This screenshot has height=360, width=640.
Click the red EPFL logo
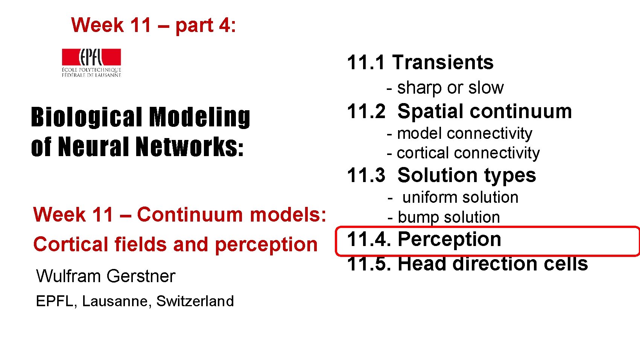point(91,58)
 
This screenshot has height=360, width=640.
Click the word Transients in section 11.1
point(443,62)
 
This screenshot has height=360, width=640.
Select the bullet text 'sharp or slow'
point(450,88)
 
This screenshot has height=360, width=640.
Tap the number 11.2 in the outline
point(366,112)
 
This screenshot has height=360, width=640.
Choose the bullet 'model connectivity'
point(464,134)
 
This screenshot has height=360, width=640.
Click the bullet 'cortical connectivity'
point(468,153)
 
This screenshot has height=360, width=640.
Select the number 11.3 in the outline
point(366,176)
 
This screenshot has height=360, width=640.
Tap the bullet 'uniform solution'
point(460,197)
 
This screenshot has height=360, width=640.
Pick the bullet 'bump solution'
point(448,217)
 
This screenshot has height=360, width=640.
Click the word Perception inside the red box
point(449,239)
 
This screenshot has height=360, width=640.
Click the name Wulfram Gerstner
point(106,276)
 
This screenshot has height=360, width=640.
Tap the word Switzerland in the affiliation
point(195,301)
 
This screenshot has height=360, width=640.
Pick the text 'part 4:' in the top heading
point(205,26)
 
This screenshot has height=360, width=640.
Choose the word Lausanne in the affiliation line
point(117,301)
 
